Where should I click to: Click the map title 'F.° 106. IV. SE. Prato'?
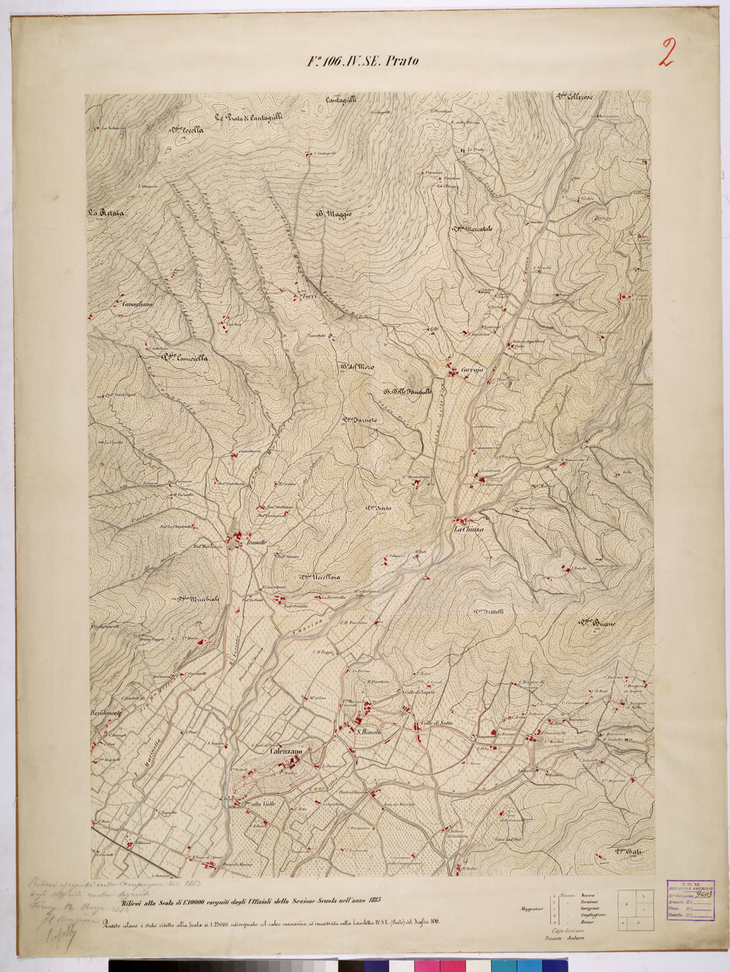click(362, 61)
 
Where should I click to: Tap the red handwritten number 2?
click(666, 53)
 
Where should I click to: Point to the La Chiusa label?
click(468, 529)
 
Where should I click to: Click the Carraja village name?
click(471, 370)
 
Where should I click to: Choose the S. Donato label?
click(368, 733)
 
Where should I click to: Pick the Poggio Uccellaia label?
click(320, 577)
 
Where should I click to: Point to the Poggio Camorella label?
click(185, 356)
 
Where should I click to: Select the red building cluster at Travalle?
click(235, 538)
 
